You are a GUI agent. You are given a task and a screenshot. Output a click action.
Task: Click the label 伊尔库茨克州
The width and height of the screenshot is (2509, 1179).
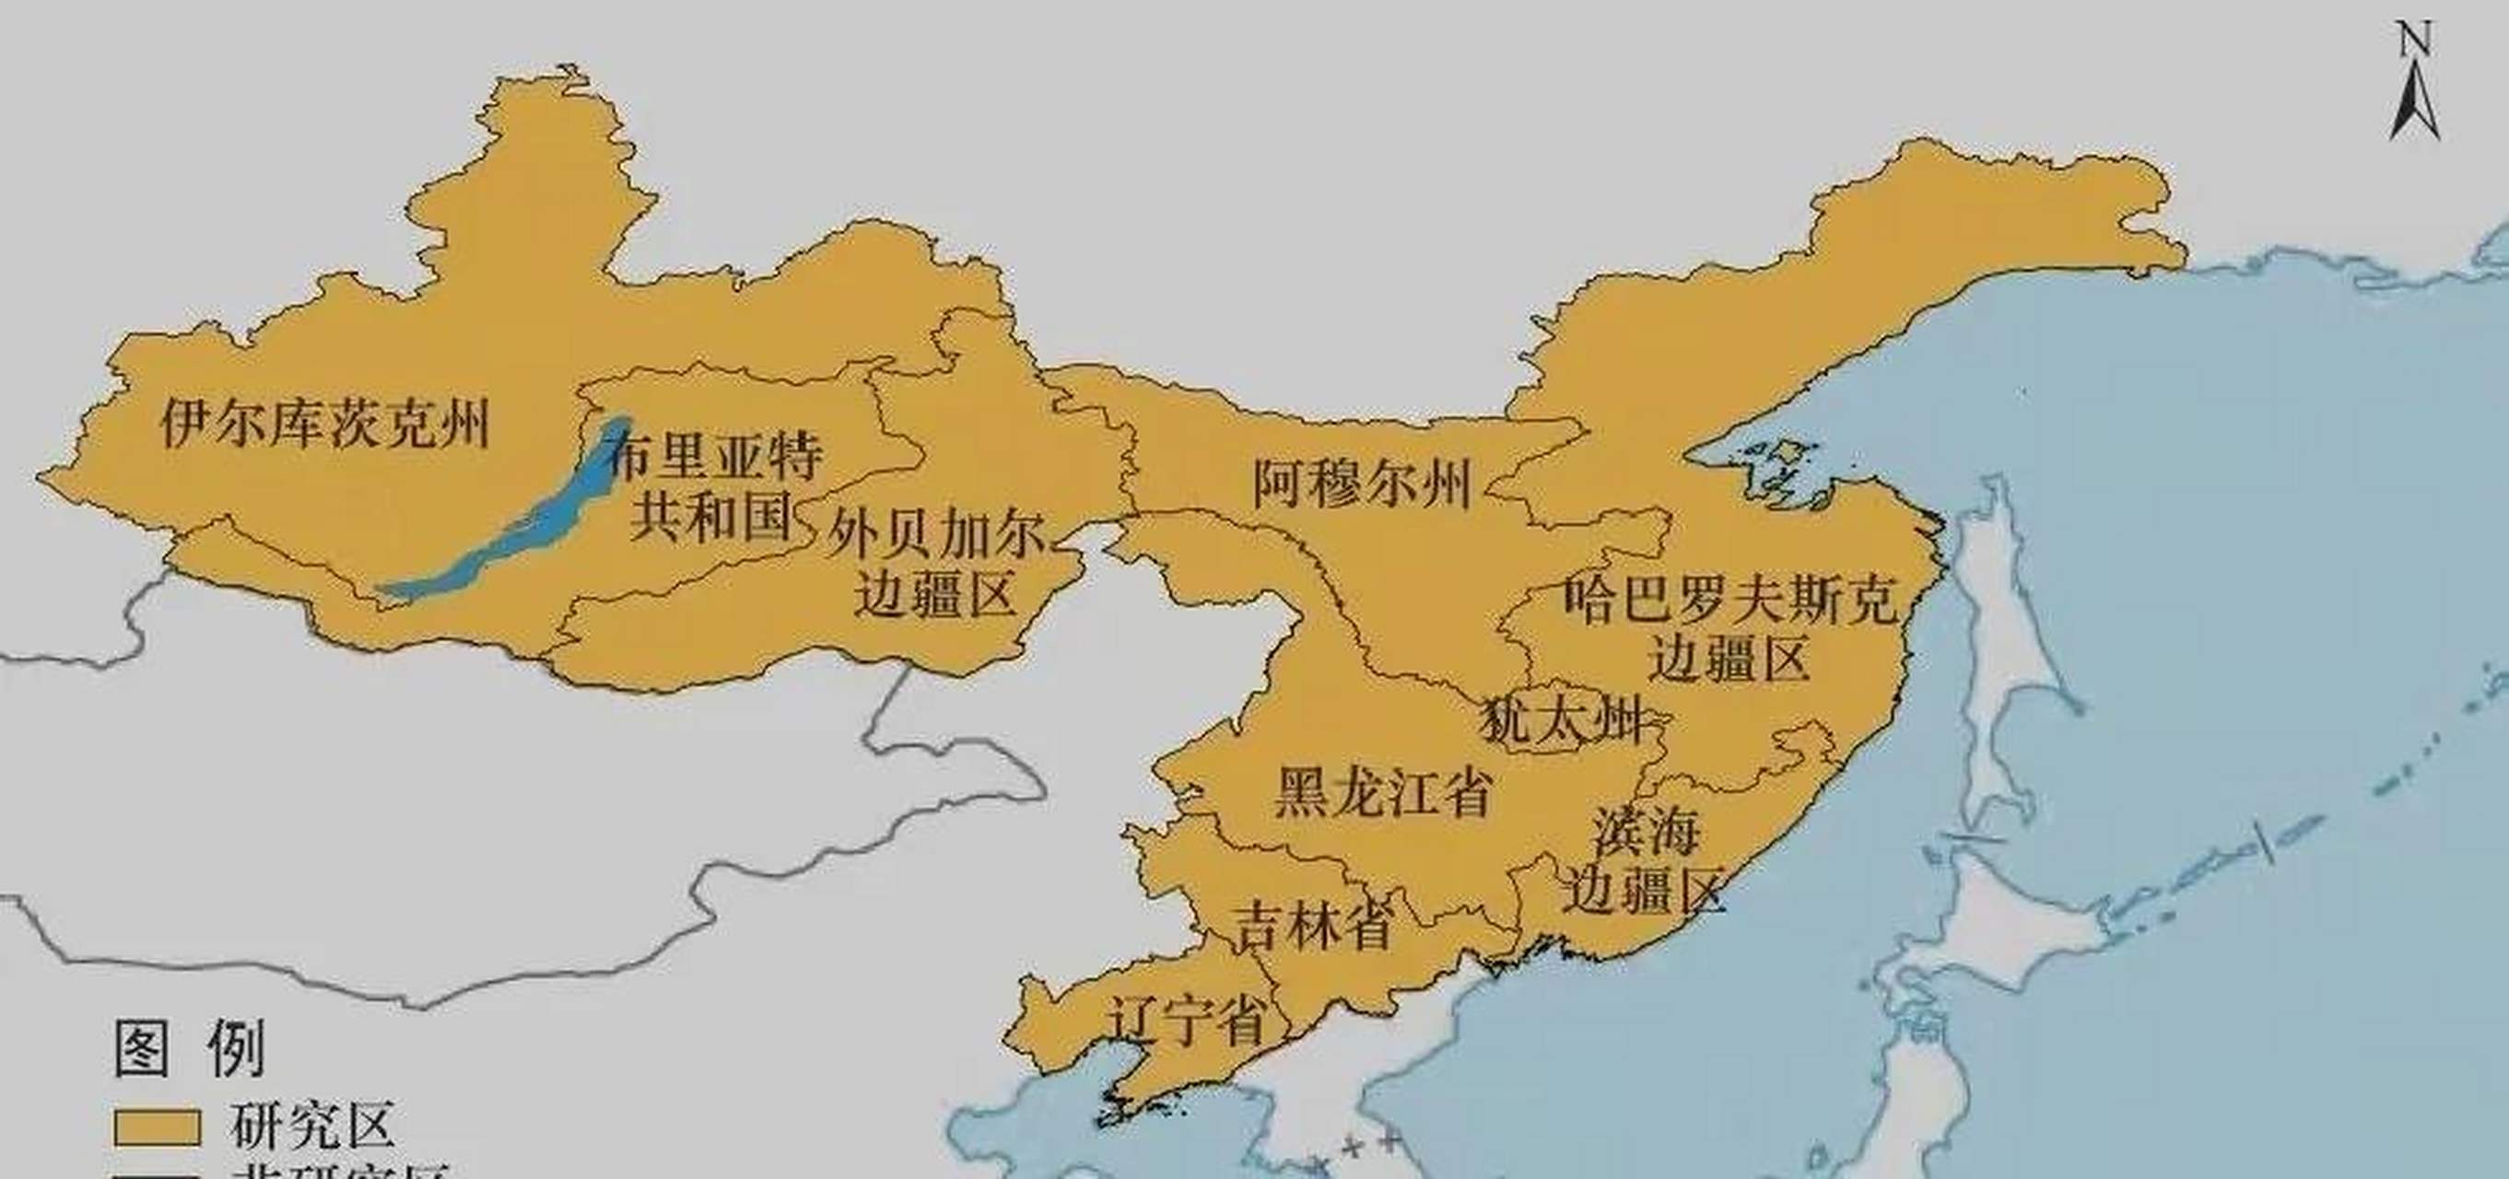[x=325, y=424]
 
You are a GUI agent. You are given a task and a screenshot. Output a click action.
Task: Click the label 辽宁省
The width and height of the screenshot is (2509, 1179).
[x=1188, y=1021]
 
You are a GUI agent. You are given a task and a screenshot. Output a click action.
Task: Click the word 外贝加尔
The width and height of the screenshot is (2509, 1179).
[x=936, y=533]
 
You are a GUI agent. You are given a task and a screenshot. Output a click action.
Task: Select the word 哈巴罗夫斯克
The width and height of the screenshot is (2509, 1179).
[x=1731, y=598]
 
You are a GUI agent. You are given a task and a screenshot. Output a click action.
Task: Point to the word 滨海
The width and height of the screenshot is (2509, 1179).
[x=1645, y=834]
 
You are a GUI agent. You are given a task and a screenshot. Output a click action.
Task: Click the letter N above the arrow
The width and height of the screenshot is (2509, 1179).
[x=2414, y=41]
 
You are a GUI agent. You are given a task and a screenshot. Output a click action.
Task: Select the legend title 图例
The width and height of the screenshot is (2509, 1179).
[x=190, y=1049]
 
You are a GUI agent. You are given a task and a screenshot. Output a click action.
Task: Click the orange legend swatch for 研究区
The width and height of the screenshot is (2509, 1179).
[x=157, y=1127]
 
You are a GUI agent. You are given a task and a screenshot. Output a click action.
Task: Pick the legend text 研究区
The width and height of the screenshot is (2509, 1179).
[x=312, y=1126]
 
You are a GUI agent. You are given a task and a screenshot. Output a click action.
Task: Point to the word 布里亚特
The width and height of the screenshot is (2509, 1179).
[x=716, y=457]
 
